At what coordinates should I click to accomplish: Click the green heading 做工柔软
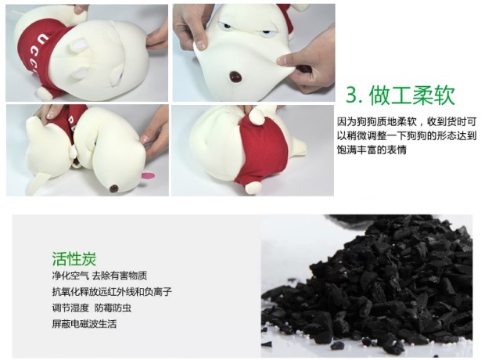pyautogui.click(x=412, y=95)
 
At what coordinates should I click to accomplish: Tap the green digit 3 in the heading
pyautogui.click(x=352, y=95)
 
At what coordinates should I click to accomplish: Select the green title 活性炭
pyautogui.click(x=74, y=259)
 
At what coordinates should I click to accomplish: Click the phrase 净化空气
pyautogui.click(x=70, y=275)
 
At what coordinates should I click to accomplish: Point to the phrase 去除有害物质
pyautogui.click(x=120, y=275)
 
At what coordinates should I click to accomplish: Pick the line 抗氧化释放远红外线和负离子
pyautogui.click(x=112, y=292)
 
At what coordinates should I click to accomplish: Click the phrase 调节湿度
pyautogui.click(x=70, y=308)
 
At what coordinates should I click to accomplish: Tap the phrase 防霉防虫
pyautogui.click(x=113, y=308)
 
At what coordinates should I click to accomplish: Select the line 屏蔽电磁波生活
pyautogui.click(x=84, y=324)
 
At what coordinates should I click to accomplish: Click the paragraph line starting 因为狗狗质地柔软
pyautogui.click(x=407, y=121)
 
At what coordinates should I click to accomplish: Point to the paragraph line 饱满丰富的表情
pyautogui.click(x=372, y=149)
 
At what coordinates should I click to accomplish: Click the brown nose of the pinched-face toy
pyautogui.click(x=236, y=77)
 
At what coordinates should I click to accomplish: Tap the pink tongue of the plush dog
pyautogui.click(x=148, y=176)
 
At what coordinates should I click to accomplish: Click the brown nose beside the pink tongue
pyautogui.click(x=114, y=188)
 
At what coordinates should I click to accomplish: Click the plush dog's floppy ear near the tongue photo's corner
pyautogui.click(x=38, y=182)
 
